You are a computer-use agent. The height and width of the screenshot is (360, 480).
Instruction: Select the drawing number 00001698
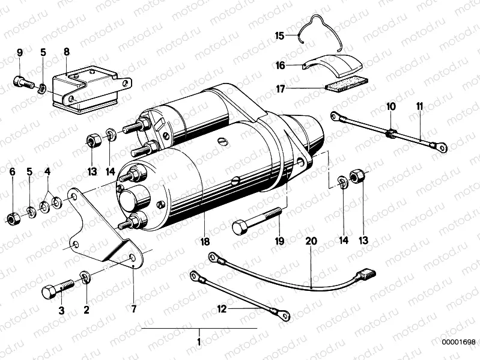coord(459,342)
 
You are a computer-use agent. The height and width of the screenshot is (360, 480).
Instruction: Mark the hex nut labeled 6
coord(12,216)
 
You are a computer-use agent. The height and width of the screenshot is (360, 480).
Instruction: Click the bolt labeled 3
coord(56,288)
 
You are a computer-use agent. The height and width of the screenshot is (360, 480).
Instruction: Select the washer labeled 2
coord(86,277)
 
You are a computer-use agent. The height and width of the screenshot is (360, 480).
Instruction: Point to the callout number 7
coord(133,309)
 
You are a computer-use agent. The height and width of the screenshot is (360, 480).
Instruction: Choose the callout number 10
coord(391,106)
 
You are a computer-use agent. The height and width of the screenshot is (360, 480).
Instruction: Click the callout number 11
coord(419,106)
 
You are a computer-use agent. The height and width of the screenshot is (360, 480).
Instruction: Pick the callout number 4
coord(48,172)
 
